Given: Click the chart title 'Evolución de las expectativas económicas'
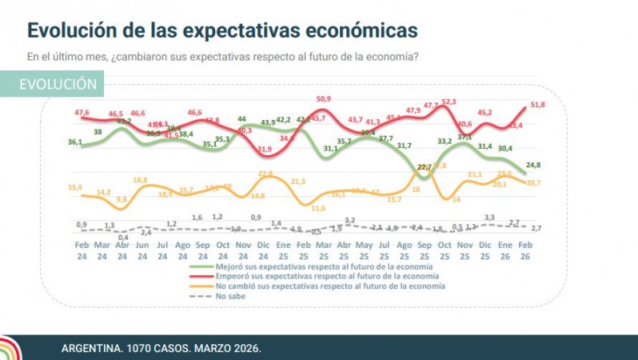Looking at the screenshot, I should point(222,30).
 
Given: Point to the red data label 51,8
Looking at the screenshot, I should point(536,105).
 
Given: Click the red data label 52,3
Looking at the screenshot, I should point(449,102).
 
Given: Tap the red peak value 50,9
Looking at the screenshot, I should point(324,98).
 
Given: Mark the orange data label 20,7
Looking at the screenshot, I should point(534,183).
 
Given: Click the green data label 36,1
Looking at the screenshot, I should point(74,142).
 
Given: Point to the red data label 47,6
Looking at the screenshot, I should point(82,112).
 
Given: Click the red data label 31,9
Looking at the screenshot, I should point(264,149).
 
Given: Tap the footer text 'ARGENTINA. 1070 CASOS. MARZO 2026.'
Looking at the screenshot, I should point(161,350).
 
